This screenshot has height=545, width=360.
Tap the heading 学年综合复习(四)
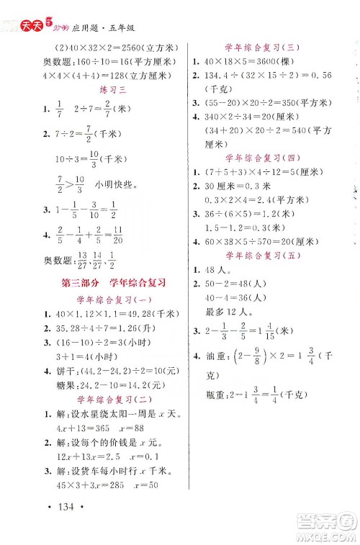[x=253, y=156]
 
